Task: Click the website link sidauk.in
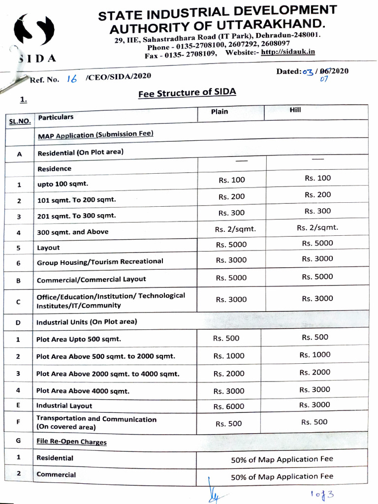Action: [x=288, y=52]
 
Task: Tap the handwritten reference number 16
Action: [x=72, y=78]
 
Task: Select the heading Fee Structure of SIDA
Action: [x=188, y=93]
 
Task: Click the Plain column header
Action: [x=220, y=111]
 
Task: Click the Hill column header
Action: [x=295, y=110]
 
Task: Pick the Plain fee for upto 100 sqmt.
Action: [x=231, y=180]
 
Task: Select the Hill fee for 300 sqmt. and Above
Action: [x=317, y=227]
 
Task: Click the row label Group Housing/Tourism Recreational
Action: [x=100, y=262]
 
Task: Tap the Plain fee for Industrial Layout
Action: [x=229, y=407]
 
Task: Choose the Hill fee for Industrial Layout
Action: [x=315, y=405]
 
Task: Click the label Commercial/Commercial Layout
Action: [x=92, y=279]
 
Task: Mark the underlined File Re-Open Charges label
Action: [x=71, y=441]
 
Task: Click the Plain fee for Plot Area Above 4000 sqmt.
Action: [x=229, y=391]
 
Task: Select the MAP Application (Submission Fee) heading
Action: [x=95, y=135]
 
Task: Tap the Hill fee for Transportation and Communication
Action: [x=314, y=422]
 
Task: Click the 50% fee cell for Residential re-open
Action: [x=282, y=459]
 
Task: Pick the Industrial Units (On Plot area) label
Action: [x=87, y=322]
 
